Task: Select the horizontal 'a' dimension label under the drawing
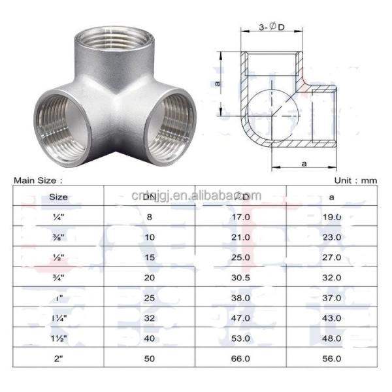point(304,163)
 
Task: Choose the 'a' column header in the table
point(331,195)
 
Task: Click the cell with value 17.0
point(240,216)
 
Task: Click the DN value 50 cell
point(150,359)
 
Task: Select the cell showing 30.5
point(240,278)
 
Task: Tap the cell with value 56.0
point(331,359)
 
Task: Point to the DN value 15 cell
point(150,257)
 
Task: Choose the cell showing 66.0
point(240,359)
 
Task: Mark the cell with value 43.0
point(331,318)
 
